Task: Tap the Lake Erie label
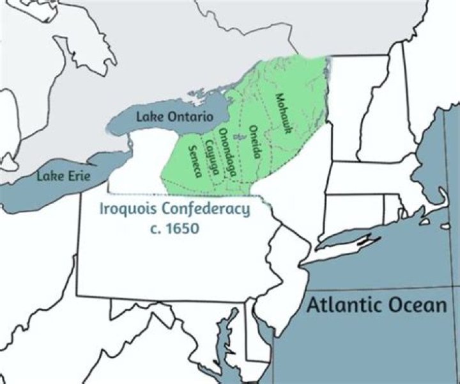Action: pyautogui.click(x=63, y=175)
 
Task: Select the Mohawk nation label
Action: pyautogui.click(x=284, y=113)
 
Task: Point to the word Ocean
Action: pyautogui.click(x=415, y=305)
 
